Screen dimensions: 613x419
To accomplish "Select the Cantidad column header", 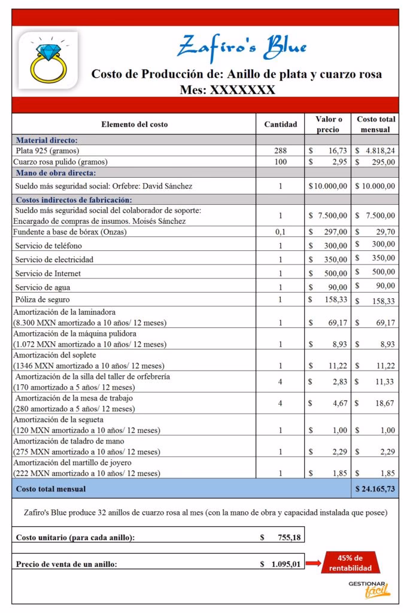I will pos(280,125).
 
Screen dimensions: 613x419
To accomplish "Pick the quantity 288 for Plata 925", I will pos(280,151).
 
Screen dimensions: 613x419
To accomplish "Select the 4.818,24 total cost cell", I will pos(375,151).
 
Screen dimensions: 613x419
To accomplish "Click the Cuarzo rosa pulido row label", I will pos(62,162).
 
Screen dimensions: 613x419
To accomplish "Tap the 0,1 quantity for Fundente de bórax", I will pos(280,231).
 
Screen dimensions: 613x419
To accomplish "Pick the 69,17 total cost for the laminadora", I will pos(375,323).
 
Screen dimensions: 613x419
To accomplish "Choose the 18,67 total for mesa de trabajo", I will pos(375,404).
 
